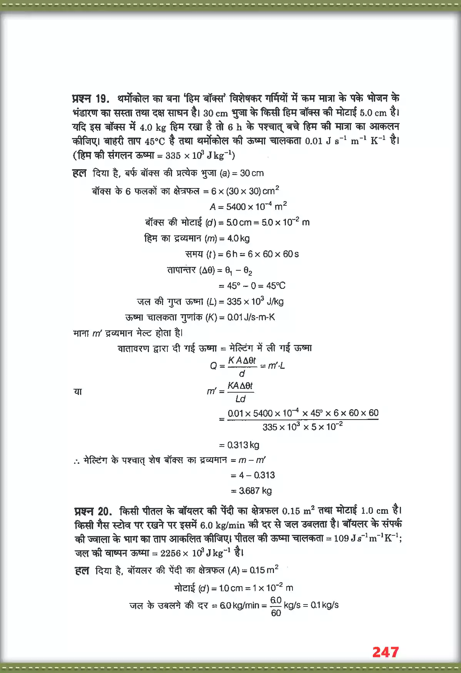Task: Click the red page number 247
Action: [x=385, y=652]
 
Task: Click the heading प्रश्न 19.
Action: [x=90, y=98]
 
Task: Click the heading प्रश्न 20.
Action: [x=93, y=511]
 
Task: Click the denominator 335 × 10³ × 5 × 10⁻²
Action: [x=302, y=427]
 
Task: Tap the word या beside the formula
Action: [x=78, y=391]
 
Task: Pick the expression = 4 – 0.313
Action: [x=253, y=475]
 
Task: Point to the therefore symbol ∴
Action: [x=77, y=461]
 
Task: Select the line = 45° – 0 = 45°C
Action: [x=252, y=286]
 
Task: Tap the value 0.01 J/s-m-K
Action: [x=251, y=317]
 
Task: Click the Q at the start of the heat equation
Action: [x=213, y=366]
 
